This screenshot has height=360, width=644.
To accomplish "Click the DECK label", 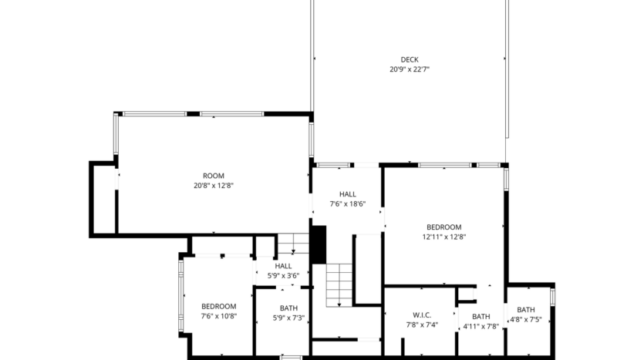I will pyautogui.click(x=409, y=59).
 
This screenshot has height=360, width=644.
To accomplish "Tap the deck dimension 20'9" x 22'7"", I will pyautogui.click(x=409, y=69).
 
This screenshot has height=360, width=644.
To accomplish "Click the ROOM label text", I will pyautogui.click(x=214, y=176).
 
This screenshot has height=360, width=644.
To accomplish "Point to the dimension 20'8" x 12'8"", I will pyautogui.click(x=214, y=186).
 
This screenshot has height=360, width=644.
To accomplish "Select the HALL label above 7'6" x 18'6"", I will pyautogui.click(x=347, y=194).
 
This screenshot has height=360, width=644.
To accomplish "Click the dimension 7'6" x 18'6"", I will pyautogui.click(x=347, y=204).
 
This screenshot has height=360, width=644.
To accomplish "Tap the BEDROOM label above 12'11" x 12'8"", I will pyautogui.click(x=443, y=227).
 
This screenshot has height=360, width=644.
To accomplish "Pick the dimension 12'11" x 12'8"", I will pyautogui.click(x=443, y=237).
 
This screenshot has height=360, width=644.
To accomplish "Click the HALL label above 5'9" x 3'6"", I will pyautogui.click(x=283, y=266).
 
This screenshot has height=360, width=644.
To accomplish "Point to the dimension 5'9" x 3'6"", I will pyautogui.click(x=283, y=275).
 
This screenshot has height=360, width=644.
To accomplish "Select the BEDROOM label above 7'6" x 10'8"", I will pyautogui.click(x=219, y=306).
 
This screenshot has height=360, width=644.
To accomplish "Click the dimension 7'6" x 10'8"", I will pyautogui.click(x=219, y=316).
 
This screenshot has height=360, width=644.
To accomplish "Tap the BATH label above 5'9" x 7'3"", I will pyautogui.click(x=288, y=308).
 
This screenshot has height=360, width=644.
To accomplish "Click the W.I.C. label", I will pyautogui.click(x=422, y=315).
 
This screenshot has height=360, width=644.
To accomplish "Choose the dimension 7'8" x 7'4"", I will pyautogui.click(x=422, y=325).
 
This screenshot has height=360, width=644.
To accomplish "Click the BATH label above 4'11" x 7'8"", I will pyautogui.click(x=480, y=316).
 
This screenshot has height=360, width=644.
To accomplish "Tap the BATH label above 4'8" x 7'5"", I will pyautogui.click(x=526, y=310).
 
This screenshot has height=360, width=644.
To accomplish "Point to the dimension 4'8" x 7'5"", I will pyautogui.click(x=526, y=319).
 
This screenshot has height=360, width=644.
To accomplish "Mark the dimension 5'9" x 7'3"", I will pyautogui.click(x=288, y=318).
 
